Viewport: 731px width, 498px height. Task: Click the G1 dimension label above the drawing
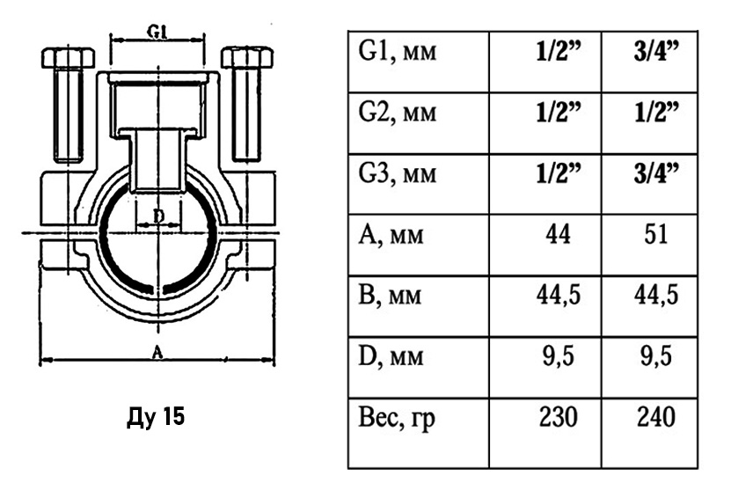(x=158, y=32)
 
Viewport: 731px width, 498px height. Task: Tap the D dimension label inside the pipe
(x=159, y=216)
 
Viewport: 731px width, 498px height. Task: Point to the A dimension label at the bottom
(x=157, y=353)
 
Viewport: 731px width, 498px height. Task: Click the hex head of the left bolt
(x=68, y=57)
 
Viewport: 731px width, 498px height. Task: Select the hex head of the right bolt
(x=247, y=57)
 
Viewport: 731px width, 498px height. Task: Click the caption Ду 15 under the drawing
(x=156, y=416)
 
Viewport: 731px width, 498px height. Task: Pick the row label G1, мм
(x=398, y=51)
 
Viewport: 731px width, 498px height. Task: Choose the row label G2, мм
(x=398, y=113)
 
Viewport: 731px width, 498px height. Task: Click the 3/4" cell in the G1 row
(x=656, y=51)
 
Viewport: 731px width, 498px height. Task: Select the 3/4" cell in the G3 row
(x=656, y=173)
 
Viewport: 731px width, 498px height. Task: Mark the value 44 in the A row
(x=558, y=234)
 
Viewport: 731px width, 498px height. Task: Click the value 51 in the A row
(x=656, y=234)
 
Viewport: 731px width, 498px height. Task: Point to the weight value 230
(x=558, y=417)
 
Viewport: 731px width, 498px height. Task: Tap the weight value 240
(x=656, y=417)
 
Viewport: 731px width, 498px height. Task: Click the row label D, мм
(x=391, y=357)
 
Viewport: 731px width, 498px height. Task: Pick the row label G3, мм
(x=398, y=173)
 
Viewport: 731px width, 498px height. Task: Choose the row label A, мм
(x=391, y=235)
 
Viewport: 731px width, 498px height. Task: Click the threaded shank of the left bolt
(x=69, y=114)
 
